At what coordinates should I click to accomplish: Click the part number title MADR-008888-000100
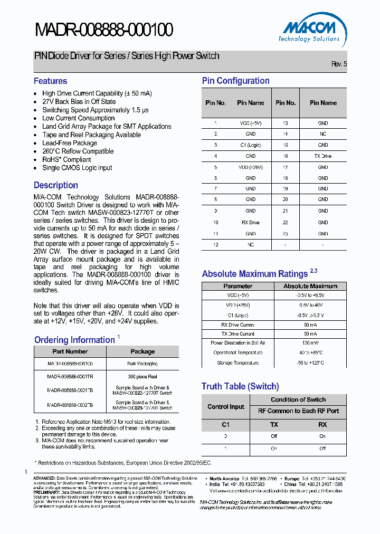point(104,30)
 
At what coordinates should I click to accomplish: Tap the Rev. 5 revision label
point(339,64)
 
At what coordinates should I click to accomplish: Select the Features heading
point(50,81)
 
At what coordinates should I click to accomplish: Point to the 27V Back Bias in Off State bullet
point(79,101)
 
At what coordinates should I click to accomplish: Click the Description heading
point(55,185)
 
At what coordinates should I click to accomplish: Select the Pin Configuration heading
point(235,81)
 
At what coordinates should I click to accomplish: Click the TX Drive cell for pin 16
point(322,156)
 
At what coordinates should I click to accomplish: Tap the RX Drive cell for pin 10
point(250,223)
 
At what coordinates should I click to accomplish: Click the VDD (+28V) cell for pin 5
point(250,167)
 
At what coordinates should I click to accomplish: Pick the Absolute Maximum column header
point(310,286)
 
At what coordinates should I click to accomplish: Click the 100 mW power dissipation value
point(310,343)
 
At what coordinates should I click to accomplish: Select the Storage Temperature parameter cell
point(237,363)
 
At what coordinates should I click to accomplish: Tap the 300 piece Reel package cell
point(142,377)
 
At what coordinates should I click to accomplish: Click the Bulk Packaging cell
point(142,364)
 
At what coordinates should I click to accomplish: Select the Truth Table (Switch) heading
point(240,386)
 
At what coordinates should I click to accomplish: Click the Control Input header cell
point(226,407)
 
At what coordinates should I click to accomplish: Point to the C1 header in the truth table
point(226,424)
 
